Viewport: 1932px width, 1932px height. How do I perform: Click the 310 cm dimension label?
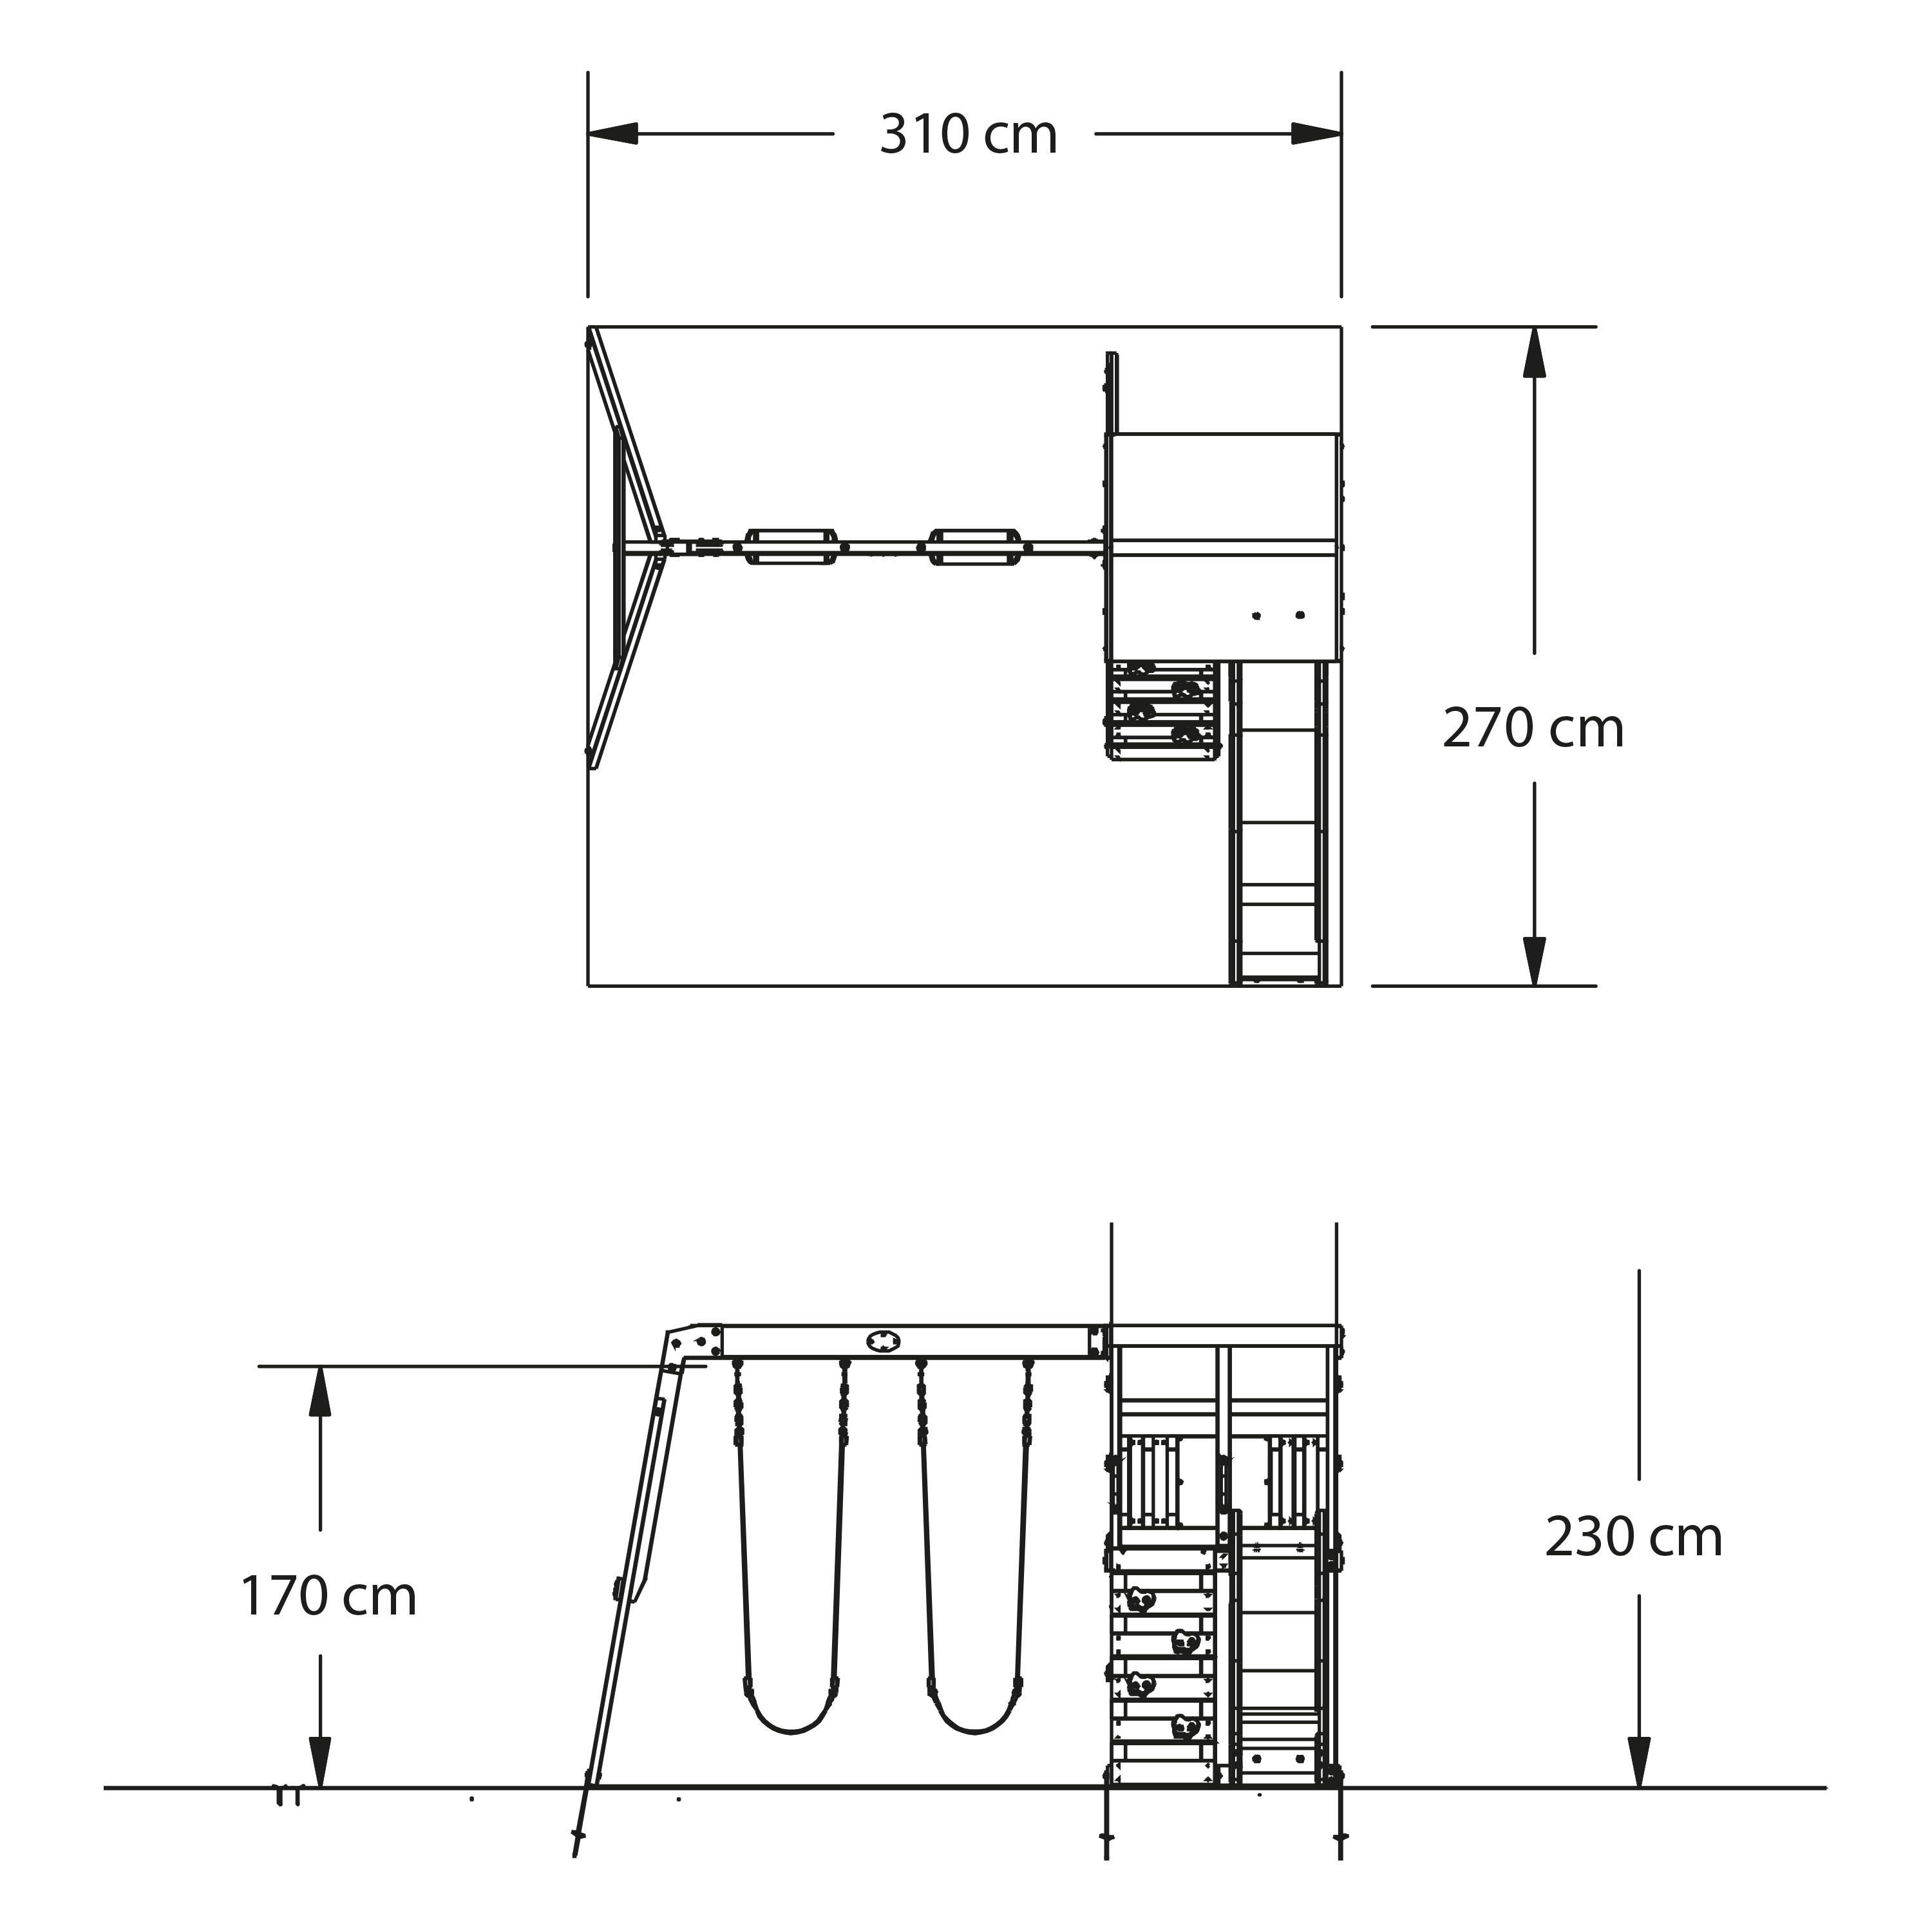pos(968,135)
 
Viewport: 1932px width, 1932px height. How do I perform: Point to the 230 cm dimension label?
pos(1634,1537)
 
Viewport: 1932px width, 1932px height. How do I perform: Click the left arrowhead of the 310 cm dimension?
pos(612,134)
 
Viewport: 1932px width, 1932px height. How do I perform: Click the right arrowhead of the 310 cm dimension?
pos(1316,134)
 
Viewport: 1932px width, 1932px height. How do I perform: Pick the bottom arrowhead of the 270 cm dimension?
pos(1534,961)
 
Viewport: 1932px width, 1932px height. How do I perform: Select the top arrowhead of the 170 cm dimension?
pos(320,1391)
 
